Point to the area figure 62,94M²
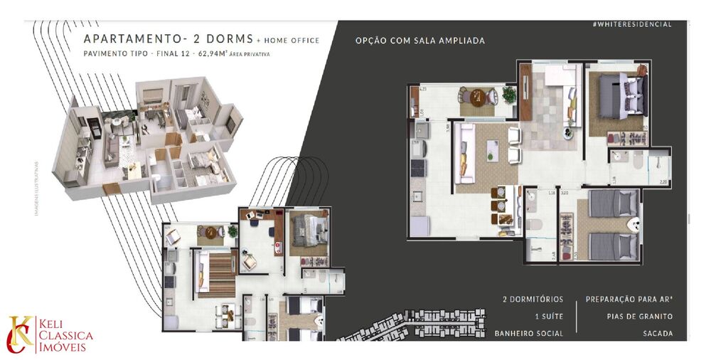(212, 53)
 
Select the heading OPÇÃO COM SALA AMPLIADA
(419, 41)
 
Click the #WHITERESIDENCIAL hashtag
(631, 24)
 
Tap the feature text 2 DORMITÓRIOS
(533, 299)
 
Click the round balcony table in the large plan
(479, 97)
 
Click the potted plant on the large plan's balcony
(508, 95)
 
